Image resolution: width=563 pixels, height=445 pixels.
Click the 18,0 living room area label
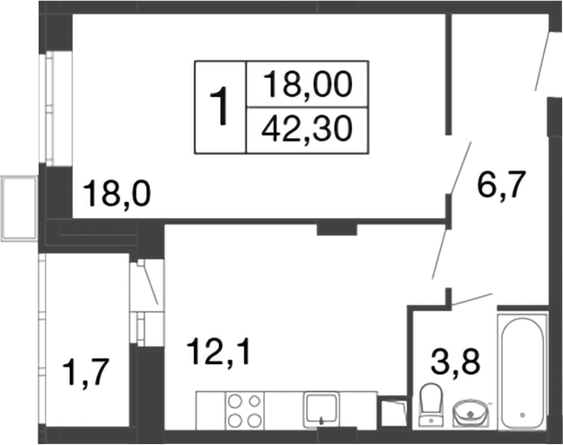[116, 192]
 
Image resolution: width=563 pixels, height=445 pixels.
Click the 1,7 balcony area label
[84, 370]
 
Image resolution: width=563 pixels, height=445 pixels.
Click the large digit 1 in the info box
[220, 107]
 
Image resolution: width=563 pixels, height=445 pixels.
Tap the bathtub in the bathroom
[522, 373]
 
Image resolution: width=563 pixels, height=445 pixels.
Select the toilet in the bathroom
[430, 404]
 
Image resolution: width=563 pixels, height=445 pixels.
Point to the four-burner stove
[243, 411]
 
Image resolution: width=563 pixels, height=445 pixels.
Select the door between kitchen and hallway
[438, 253]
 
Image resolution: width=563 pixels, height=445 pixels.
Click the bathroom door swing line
[471, 299]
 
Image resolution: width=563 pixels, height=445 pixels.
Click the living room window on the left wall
[51, 108]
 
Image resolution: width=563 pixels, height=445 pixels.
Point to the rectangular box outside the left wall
[19, 208]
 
